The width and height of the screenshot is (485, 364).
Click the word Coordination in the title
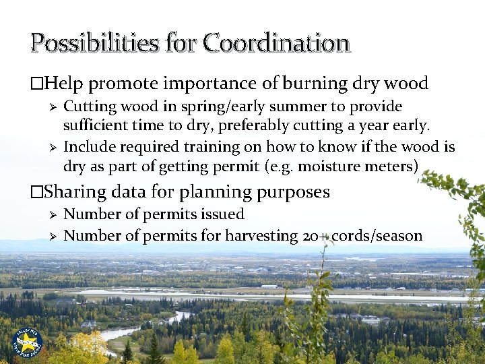276,43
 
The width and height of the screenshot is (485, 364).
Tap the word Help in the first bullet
64,84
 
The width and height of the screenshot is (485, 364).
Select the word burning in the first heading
311,84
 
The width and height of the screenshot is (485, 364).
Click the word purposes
294,193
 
